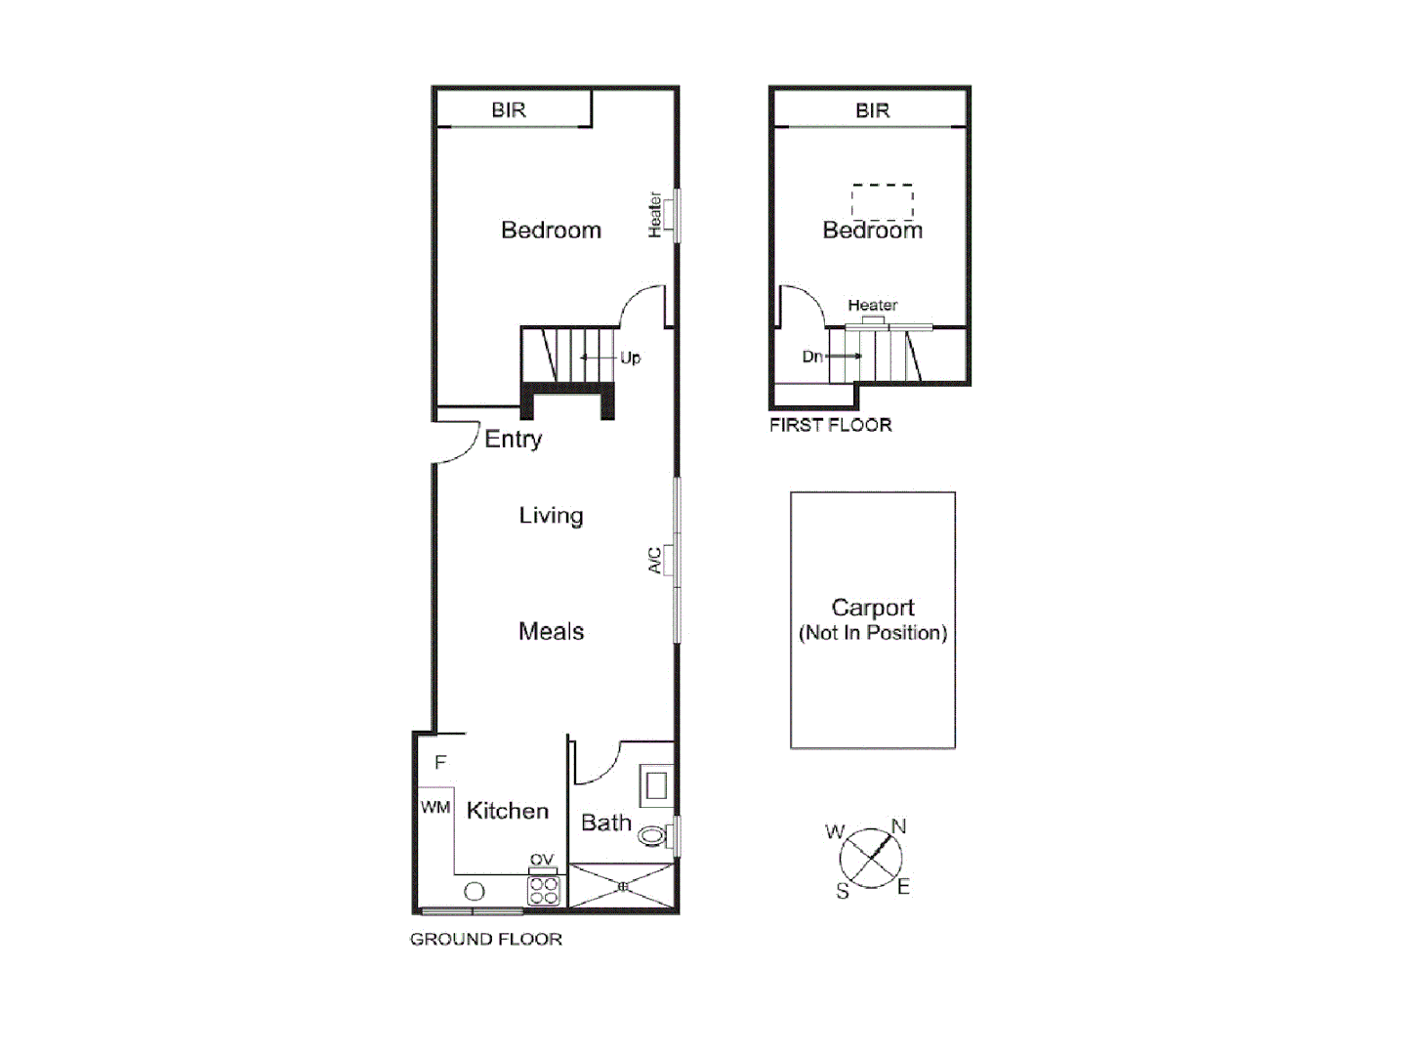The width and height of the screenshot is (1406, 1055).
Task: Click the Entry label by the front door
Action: (513, 440)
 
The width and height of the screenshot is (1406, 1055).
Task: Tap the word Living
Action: (551, 516)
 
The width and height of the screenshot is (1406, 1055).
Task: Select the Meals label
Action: (551, 632)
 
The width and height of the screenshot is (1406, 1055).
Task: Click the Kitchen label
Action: (507, 811)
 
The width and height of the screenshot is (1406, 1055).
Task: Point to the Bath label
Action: (606, 823)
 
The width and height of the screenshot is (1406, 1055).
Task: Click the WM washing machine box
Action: (435, 807)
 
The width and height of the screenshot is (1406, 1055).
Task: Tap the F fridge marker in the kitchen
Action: (440, 762)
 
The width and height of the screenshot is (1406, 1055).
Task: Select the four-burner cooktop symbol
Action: (543, 890)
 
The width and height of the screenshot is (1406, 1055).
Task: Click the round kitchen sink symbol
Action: (475, 891)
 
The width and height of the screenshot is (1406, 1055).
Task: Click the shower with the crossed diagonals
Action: (622, 887)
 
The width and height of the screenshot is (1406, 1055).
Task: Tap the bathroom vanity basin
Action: (655, 784)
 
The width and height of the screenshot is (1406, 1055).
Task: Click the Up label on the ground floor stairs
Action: (630, 359)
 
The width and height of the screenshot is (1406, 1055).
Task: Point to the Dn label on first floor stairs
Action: (812, 357)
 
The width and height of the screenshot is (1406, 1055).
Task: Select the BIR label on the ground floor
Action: (509, 110)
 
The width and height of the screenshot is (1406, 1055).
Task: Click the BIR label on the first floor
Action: (872, 110)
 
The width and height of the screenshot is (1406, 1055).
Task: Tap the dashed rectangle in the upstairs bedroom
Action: (883, 202)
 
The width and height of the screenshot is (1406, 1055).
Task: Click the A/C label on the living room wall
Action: (655, 561)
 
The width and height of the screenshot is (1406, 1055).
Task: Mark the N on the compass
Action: (898, 826)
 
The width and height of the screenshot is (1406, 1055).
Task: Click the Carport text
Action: (872, 608)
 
